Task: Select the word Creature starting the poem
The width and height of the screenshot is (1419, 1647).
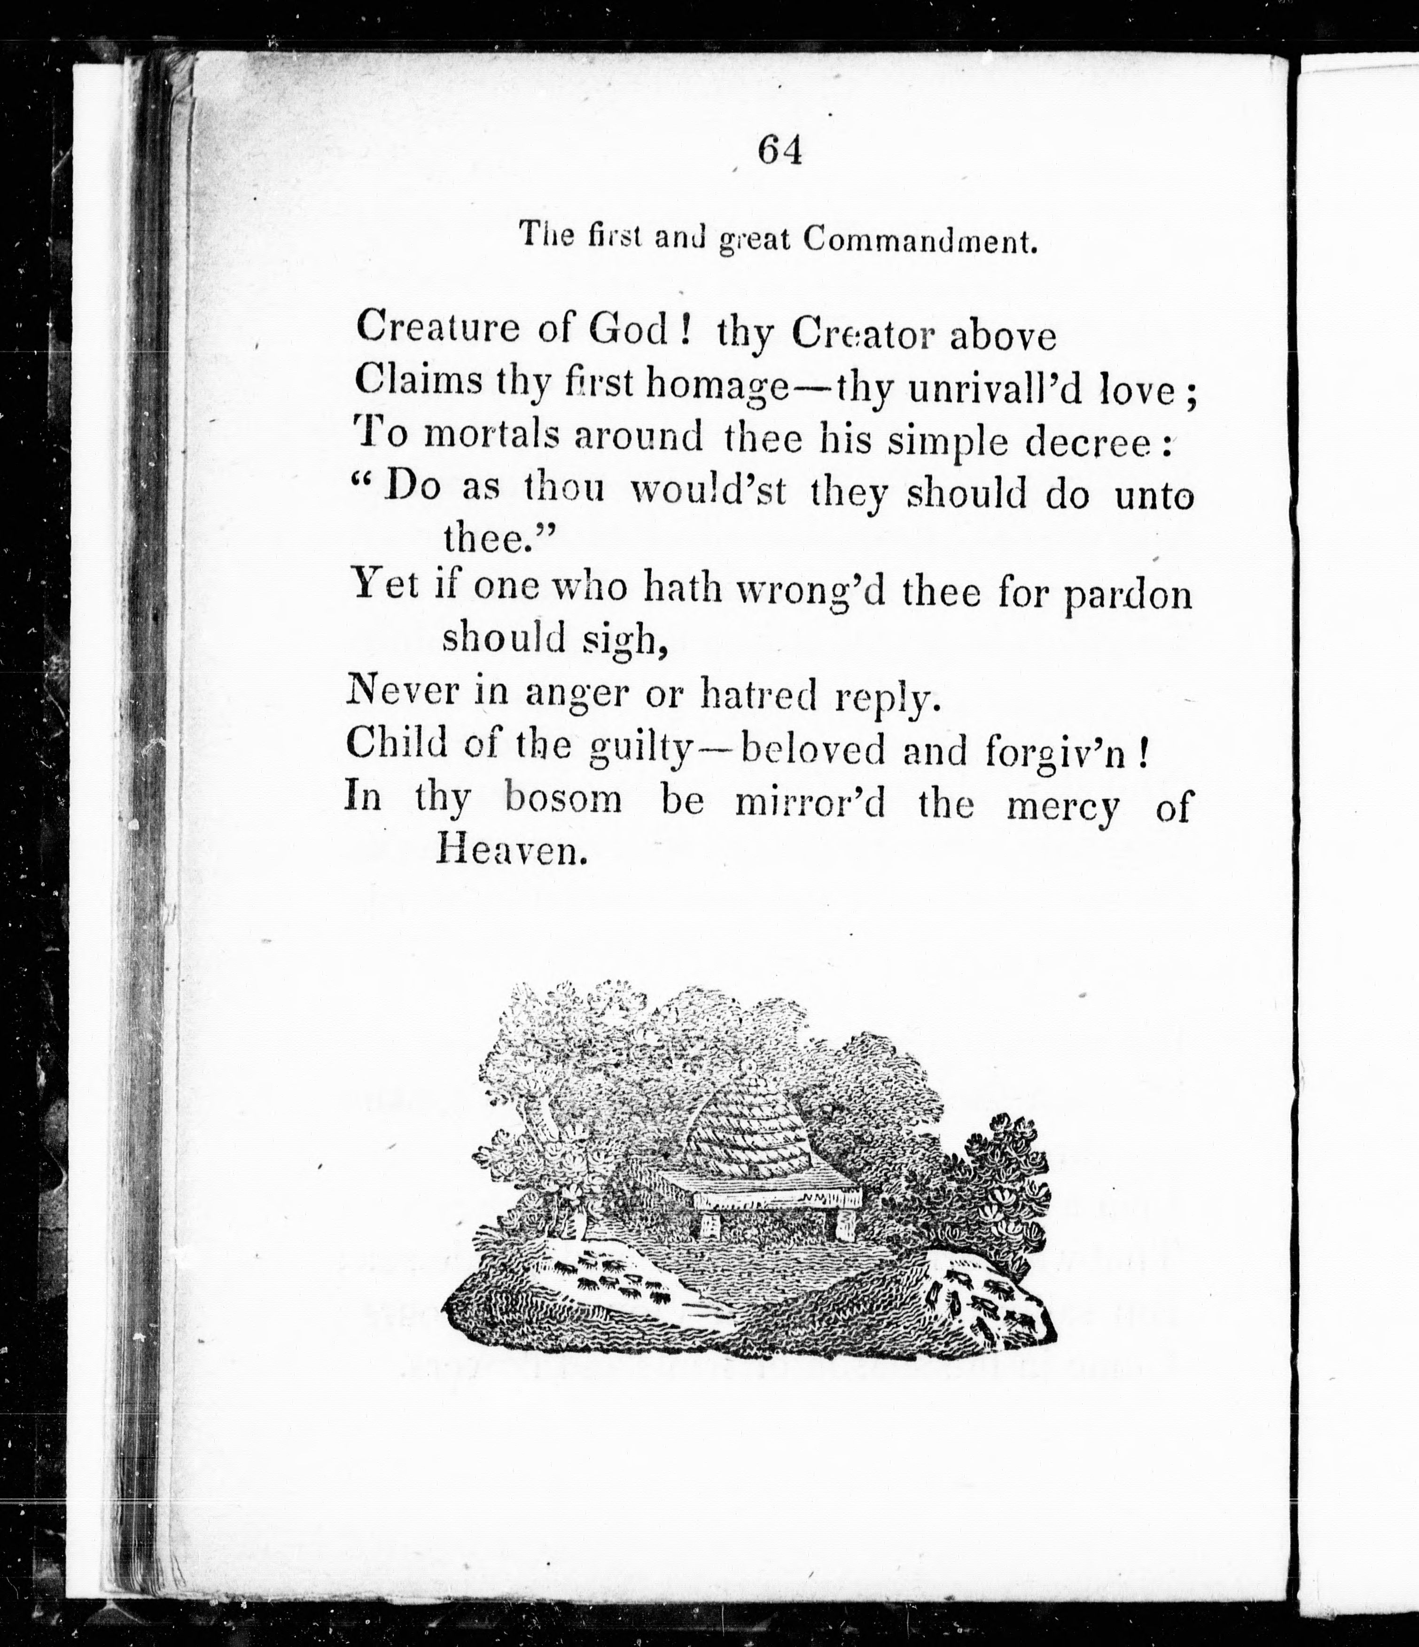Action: pos(437,328)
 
